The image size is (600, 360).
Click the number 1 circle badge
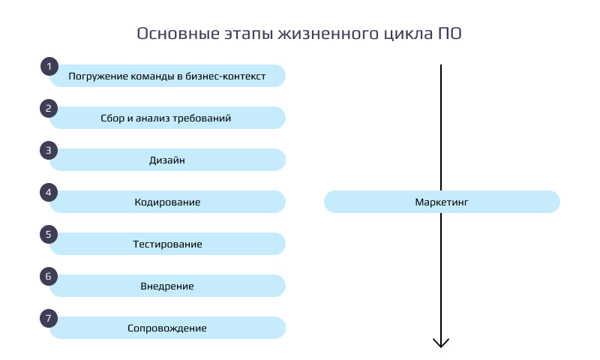click(x=49, y=67)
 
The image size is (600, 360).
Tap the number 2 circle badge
click(x=49, y=108)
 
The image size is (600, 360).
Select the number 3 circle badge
click(x=49, y=150)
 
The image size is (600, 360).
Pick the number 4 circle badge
click(x=49, y=193)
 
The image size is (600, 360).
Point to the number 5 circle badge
click(x=49, y=235)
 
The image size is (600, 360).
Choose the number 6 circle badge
click(x=49, y=276)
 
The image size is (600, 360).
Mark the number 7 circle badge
click(x=49, y=318)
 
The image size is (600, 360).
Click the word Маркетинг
click(x=442, y=202)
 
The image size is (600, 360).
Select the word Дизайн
click(x=167, y=160)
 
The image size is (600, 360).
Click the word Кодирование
click(x=167, y=202)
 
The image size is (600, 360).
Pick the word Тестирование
click(x=167, y=244)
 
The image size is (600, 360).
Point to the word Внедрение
click(x=167, y=286)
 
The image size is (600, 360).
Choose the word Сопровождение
click(x=167, y=328)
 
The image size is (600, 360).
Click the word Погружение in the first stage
click(x=98, y=76)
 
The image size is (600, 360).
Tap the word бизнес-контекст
click(x=226, y=76)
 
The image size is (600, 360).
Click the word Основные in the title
click(x=178, y=34)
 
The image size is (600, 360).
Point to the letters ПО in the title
click(x=449, y=34)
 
